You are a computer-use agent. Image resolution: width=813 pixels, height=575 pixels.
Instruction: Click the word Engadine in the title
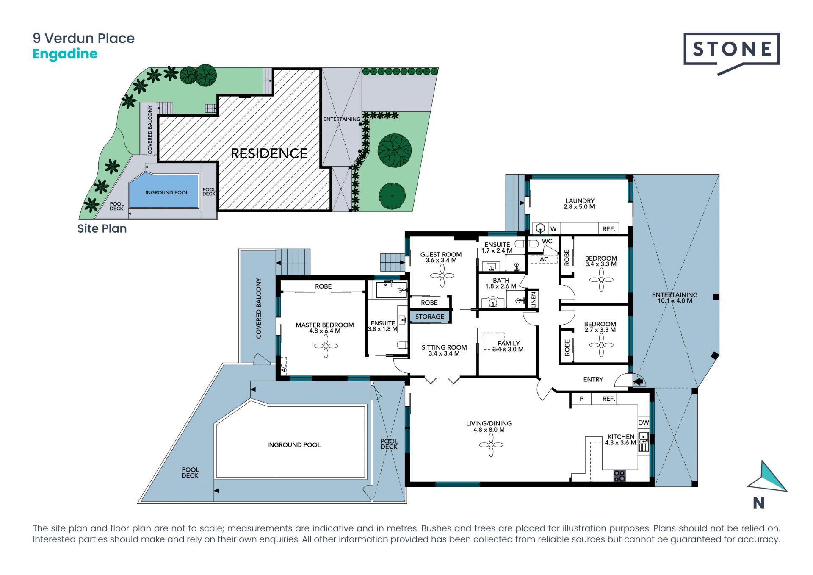tap(65, 54)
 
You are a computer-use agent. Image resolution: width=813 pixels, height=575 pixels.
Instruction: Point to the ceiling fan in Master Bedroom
tap(326, 346)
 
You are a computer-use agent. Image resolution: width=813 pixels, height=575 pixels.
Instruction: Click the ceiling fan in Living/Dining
tap(491, 445)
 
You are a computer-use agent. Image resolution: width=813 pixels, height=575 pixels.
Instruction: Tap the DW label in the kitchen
tap(643, 422)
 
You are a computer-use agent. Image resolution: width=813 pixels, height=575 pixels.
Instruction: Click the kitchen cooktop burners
tap(619, 476)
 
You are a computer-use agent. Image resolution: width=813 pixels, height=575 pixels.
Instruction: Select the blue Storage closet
tap(429, 317)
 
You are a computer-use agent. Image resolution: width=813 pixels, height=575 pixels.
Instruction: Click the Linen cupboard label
tap(534, 300)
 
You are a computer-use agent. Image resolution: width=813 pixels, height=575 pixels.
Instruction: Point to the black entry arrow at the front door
tap(639, 382)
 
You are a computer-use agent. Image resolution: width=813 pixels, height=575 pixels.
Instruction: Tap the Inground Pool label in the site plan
tap(167, 192)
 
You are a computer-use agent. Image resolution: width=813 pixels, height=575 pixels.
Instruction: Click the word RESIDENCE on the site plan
tap(269, 153)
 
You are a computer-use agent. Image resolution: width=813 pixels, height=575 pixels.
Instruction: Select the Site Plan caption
tap(102, 228)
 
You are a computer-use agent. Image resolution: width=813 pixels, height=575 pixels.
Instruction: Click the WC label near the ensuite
tap(547, 241)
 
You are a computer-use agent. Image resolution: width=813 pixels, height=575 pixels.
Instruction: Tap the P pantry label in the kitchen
tap(582, 399)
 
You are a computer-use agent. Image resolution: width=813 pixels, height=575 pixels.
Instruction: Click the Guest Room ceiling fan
tap(442, 276)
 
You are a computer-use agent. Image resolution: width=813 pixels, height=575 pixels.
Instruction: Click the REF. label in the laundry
tap(608, 229)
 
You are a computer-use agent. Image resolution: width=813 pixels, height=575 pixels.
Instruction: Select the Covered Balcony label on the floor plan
tap(258, 308)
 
